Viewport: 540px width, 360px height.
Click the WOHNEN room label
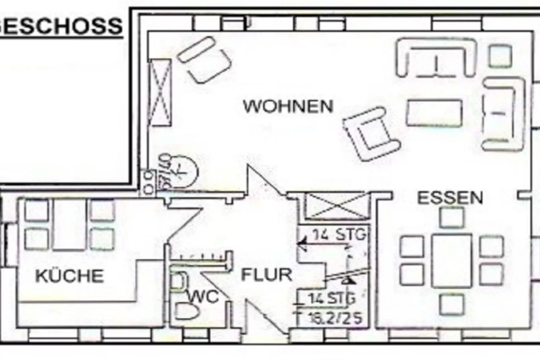pyautogui.click(x=288, y=106)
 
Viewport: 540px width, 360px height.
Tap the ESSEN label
pyautogui.click(x=450, y=198)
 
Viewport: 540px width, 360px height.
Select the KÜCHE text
pyautogui.click(x=69, y=276)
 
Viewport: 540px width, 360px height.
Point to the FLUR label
pyautogui.click(x=266, y=275)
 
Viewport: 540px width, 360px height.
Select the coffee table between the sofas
pyautogui.click(x=434, y=113)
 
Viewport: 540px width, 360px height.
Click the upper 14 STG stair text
pyautogui.click(x=339, y=234)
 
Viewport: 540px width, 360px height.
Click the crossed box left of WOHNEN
pyautogui.click(x=160, y=92)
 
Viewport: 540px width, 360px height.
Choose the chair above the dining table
pyautogui.click(x=452, y=217)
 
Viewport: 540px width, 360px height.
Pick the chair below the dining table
pyautogui.click(x=452, y=304)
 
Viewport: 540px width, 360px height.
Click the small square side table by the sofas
pyautogui.click(x=500, y=56)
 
